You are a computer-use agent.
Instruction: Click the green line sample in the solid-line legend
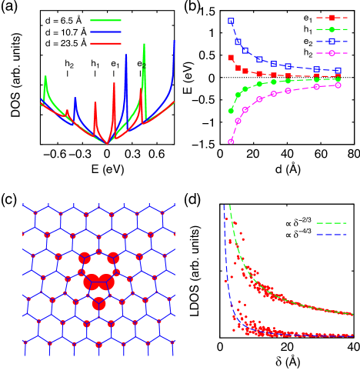105,21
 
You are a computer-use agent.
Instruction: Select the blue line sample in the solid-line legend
105,32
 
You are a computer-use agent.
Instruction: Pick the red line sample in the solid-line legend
105,44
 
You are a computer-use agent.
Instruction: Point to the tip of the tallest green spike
144,44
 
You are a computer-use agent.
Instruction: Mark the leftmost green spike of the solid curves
45,77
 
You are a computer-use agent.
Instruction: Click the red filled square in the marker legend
332,18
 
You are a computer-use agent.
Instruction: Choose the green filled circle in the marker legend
332,29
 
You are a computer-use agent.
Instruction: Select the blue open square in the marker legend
332,42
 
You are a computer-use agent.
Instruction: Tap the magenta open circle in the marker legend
332,53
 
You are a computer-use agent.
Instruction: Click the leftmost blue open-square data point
231,22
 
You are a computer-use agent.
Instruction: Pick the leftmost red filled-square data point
230,58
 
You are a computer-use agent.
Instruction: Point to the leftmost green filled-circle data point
231,111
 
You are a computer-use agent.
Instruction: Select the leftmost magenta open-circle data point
231,142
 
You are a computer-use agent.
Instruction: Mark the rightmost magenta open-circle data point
338,85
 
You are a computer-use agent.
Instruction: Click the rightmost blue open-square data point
338,71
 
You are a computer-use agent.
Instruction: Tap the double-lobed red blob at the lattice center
98,282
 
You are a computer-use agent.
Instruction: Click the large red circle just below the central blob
98,304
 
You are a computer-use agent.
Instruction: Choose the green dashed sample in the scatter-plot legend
332,223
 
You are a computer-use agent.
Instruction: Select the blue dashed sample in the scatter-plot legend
332,234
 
